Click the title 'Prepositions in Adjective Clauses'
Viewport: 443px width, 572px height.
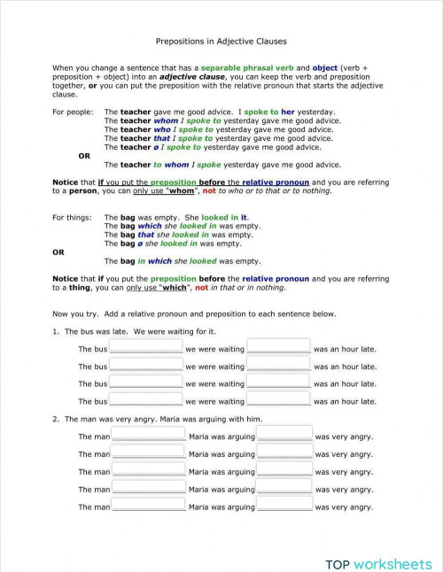click(221, 41)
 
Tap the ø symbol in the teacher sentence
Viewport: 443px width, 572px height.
click(157, 147)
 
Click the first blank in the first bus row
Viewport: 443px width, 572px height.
click(145, 348)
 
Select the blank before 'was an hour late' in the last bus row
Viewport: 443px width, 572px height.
click(278, 400)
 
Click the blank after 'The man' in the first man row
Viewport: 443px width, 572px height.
click(148, 436)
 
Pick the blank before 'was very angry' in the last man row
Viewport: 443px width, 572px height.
click(284, 506)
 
